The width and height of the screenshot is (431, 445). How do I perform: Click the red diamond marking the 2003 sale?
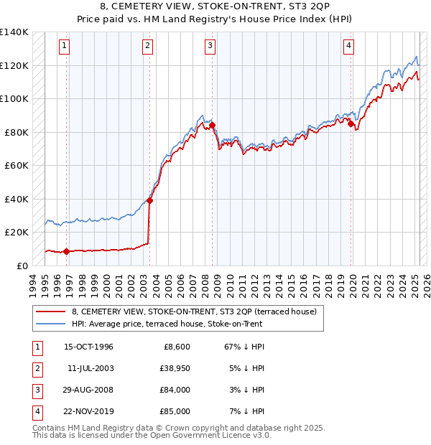(x=149, y=201)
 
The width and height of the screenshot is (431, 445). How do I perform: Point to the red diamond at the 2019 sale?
(x=351, y=123)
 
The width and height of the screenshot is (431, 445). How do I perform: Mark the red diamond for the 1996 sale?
(x=66, y=251)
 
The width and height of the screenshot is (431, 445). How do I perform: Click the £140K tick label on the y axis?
(x=14, y=32)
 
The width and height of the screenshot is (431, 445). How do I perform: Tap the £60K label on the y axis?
(x=17, y=165)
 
